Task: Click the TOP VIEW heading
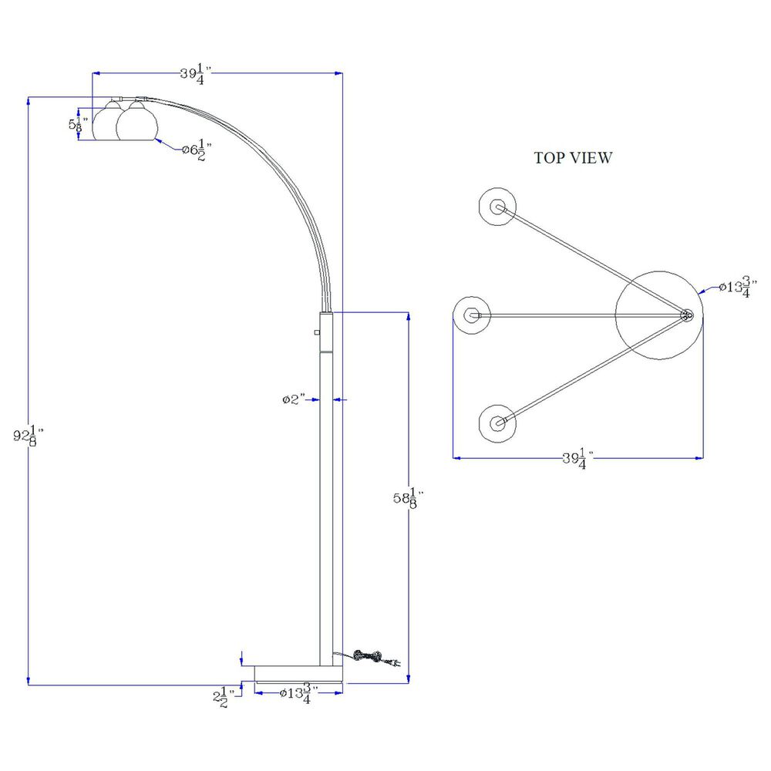tap(573, 158)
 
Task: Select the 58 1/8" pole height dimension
tap(407, 499)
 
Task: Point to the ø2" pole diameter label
tap(293, 399)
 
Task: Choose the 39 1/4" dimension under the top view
tap(577, 460)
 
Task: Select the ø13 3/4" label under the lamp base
tap(298, 694)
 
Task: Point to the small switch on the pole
tap(317, 332)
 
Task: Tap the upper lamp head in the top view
tap(497, 207)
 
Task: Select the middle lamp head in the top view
tap(472, 315)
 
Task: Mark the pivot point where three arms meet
tap(686, 315)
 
